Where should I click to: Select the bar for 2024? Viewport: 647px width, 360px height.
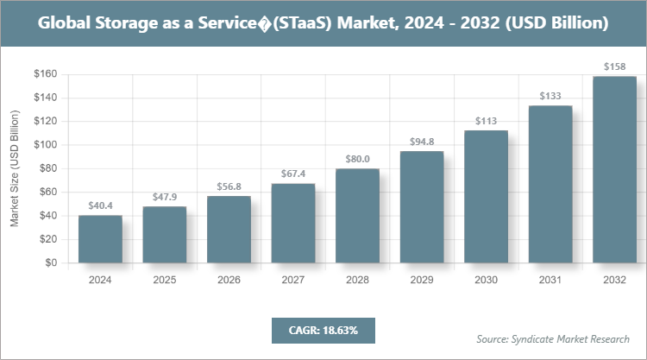100,239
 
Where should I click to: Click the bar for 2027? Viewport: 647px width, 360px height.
293,223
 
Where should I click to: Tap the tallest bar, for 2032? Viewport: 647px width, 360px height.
614,169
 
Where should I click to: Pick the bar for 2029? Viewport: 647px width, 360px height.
422,207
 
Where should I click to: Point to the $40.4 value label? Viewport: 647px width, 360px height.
100,206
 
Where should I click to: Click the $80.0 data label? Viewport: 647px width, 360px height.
357,159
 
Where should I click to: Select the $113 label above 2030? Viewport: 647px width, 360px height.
486,121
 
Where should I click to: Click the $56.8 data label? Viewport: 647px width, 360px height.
229,186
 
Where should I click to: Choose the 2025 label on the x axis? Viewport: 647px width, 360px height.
165,280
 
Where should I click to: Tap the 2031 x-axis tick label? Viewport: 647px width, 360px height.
550,280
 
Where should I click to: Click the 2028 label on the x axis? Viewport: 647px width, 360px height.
357,280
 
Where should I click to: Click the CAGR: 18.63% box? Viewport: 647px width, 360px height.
323,331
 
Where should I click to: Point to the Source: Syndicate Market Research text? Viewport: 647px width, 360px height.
553,339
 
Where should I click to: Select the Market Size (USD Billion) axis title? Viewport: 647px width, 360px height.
15,169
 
